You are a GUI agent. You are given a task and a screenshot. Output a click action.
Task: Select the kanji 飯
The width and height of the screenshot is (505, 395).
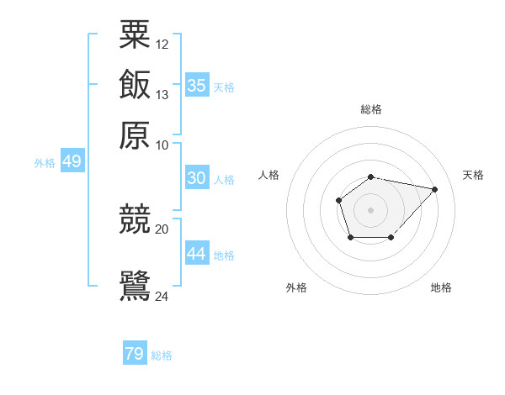tap(136, 85)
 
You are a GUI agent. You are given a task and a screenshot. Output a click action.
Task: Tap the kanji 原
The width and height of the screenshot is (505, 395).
tap(136, 134)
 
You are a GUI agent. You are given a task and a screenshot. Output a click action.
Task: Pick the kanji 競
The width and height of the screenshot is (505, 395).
tap(136, 219)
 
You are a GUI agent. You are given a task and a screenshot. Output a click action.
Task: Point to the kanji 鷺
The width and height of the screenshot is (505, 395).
tap(136, 283)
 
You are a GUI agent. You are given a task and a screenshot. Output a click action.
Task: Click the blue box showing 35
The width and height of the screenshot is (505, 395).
tap(196, 85)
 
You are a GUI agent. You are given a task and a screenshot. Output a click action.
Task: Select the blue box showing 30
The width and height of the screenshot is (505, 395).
tap(196, 178)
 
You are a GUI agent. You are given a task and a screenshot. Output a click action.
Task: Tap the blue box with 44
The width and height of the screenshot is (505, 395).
tap(196, 253)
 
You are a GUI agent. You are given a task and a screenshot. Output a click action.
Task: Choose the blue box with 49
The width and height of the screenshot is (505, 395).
tap(72, 161)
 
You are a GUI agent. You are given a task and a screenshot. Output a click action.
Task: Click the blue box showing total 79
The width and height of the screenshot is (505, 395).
tap(135, 354)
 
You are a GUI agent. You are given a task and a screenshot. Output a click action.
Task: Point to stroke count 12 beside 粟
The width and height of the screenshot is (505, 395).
tap(162, 44)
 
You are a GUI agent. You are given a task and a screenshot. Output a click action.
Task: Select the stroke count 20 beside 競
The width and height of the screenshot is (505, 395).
tap(162, 229)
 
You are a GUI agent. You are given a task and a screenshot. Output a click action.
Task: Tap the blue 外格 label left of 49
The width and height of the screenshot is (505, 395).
tap(45, 163)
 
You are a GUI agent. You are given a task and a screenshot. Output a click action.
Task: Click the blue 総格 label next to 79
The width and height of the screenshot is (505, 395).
tap(162, 355)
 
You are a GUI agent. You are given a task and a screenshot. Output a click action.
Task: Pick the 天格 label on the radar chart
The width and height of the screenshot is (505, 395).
tap(473, 175)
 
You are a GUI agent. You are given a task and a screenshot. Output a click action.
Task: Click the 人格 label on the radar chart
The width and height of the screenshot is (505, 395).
tap(269, 175)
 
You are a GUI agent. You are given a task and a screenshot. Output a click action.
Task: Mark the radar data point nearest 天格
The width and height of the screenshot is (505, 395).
tap(435, 189)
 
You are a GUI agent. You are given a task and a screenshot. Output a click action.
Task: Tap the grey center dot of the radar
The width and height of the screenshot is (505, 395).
tap(370, 209)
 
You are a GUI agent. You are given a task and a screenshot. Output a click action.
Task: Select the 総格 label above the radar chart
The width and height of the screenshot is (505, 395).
tap(370, 109)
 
